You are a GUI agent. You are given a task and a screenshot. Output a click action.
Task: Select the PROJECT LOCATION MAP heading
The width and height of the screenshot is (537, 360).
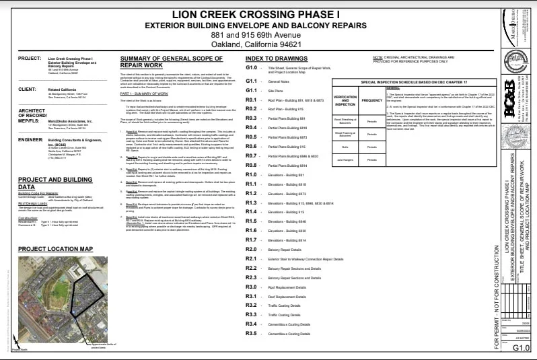pos(55,249)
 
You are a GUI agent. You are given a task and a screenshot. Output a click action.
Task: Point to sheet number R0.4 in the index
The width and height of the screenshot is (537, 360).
pos(252,127)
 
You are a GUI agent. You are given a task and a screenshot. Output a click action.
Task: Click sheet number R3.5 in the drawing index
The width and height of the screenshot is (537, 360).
pos(252,334)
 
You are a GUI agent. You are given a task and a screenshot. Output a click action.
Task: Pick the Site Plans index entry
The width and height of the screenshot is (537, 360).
pos(275,89)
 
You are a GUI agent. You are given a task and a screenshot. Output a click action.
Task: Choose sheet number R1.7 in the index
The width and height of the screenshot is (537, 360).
pos(252,240)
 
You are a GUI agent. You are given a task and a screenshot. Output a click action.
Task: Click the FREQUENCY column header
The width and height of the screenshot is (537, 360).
pos(371,100)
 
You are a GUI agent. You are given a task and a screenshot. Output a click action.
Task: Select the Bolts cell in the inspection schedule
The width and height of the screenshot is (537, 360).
pos(345,146)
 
